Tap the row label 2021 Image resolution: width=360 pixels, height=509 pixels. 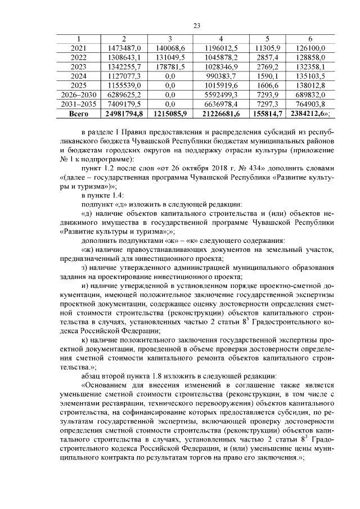(x=78, y=48)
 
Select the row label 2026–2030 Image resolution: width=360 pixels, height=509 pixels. (x=78, y=95)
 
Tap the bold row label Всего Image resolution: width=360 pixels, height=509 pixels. (x=78, y=114)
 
